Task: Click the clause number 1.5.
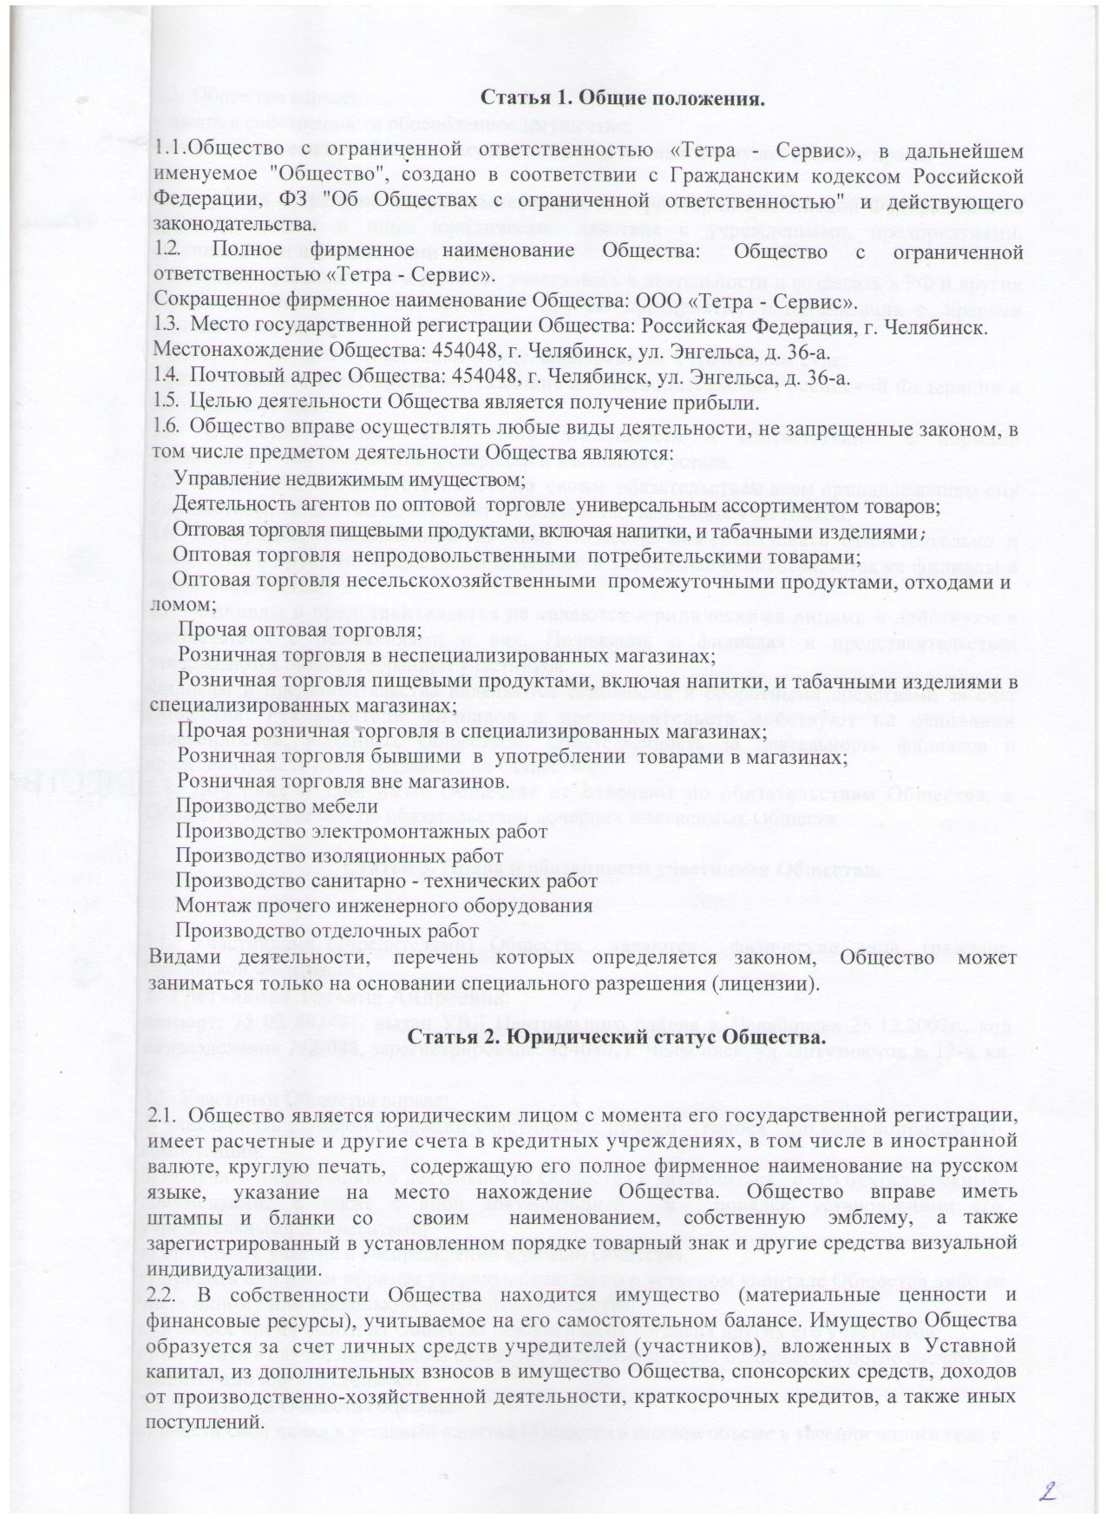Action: pyautogui.click(x=166, y=403)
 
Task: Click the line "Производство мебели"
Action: pyautogui.click(x=277, y=806)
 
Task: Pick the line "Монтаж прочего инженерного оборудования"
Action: pyautogui.click(x=384, y=906)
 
